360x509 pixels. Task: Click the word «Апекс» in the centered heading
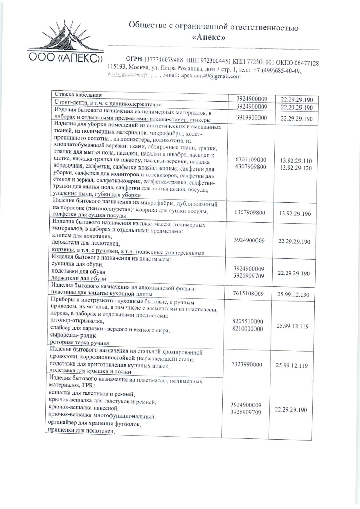click(x=209, y=37)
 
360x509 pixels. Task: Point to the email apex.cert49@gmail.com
click(x=211, y=76)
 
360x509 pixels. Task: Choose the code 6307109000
click(x=251, y=159)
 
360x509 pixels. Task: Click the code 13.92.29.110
click(x=296, y=161)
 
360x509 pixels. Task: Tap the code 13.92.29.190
click(x=295, y=213)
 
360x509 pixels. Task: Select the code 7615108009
click(x=248, y=294)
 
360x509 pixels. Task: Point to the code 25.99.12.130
click(x=293, y=294)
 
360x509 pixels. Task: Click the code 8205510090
click(x=248, y=321)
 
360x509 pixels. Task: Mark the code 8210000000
click(x=248, y=329)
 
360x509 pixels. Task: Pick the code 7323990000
click(x=247, y=364)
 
